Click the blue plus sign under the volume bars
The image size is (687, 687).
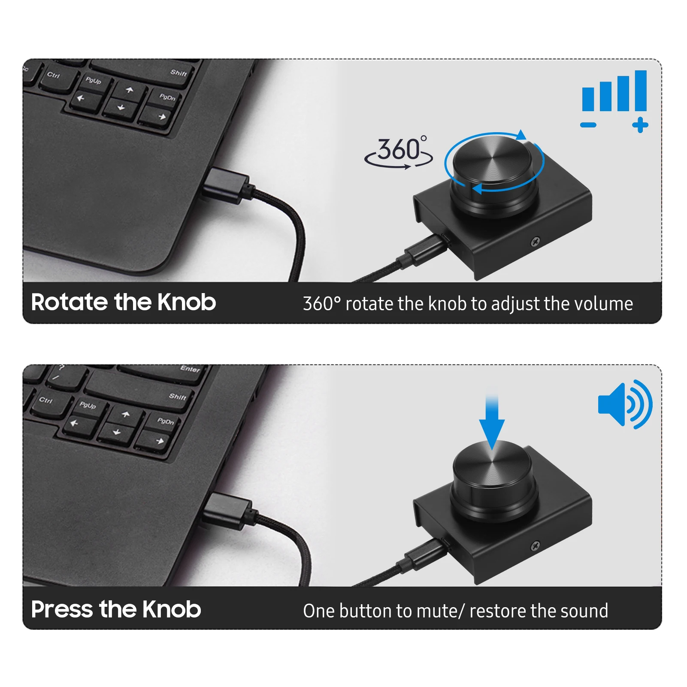coord(640,125)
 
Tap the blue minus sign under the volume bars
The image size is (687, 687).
coord(588,125)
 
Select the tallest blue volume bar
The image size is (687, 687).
coord(641,91)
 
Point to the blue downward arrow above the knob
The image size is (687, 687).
coord(492,423)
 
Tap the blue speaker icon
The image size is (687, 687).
coord(625,404)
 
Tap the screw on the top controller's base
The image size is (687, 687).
coord(536,242)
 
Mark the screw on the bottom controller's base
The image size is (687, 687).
coord(535,546)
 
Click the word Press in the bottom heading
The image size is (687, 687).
coord(62,609)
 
